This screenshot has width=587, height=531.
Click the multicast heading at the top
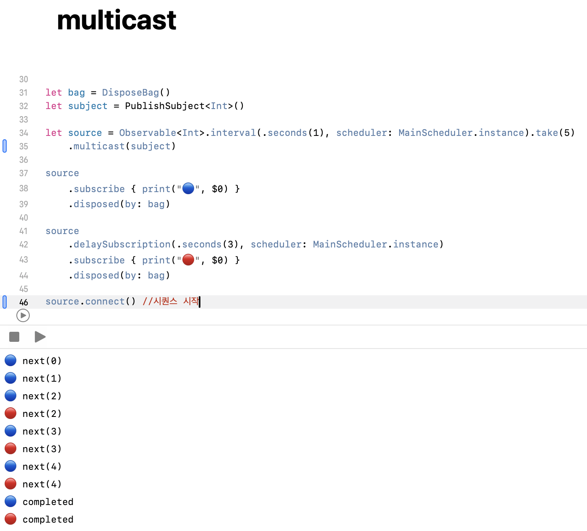pos(117,20)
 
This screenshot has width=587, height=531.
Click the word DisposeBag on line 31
pos(130,92)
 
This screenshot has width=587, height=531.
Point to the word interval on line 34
pos(233,133)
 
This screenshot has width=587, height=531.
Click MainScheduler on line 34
pos(435,133)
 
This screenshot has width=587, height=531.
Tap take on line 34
pos(547,133)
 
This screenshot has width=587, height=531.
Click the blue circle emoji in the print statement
pos(189,188)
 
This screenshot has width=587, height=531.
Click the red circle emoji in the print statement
pos(189,260)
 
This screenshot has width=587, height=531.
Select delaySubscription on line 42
pos(122,244)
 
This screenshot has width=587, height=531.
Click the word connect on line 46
pos(105,301)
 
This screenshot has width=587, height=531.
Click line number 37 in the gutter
pos(23,173)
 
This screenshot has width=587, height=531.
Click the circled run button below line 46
pos(23,315)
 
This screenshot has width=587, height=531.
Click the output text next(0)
pos(42,361)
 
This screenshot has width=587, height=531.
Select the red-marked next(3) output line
pos(42,449)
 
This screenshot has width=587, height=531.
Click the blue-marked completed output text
pos(48,502)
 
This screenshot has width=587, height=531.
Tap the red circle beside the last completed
pos(10,519)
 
